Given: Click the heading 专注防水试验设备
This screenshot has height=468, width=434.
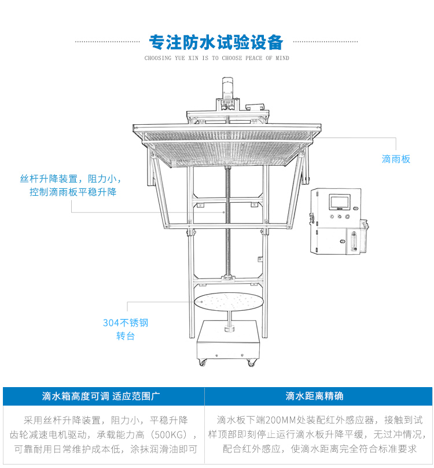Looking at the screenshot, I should pos(216,42).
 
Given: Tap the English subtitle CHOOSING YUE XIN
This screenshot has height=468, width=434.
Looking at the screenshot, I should pos(216,58).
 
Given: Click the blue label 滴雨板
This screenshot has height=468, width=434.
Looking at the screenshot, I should pos(396,159).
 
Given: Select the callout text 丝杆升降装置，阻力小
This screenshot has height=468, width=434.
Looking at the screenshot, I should pos(71,179).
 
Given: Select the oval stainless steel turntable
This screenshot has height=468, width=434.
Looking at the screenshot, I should pos(229,301).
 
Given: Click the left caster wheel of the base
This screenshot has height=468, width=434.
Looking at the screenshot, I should pos(202,362).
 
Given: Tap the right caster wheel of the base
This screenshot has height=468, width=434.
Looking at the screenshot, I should pos(252,362).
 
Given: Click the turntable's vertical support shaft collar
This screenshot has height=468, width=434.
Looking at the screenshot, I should pos(228,329).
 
